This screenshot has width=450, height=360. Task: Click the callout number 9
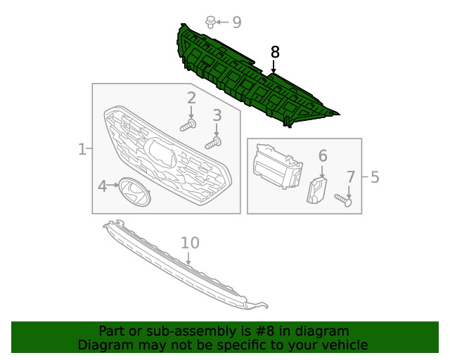237,22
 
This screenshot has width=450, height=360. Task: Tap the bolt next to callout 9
210,22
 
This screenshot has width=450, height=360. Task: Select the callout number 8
275,51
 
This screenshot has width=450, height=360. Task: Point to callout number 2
191,98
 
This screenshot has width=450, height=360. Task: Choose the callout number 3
217,115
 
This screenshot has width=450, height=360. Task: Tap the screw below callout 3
213,143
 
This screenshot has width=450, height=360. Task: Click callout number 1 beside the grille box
82,149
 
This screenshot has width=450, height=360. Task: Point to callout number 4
102,186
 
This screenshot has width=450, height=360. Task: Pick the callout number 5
375,176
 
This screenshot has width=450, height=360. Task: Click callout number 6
323,155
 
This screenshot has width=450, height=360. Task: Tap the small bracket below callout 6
317,190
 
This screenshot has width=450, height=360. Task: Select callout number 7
351,176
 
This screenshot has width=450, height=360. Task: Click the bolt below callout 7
344,200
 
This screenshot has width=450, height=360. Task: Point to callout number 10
190,243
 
